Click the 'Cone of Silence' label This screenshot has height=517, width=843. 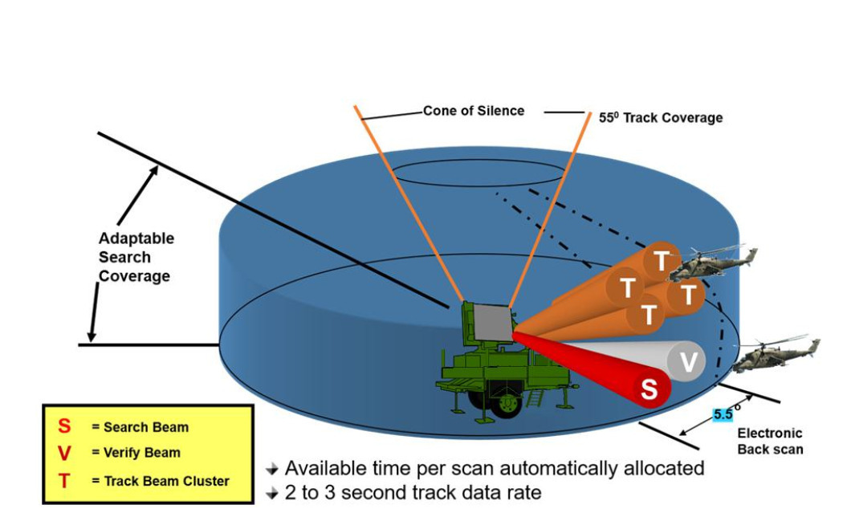(474, 111)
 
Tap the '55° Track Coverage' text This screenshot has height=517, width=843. (661, 118)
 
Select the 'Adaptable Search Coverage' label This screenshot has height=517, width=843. (135, 258)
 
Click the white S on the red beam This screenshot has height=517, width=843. (650, 389)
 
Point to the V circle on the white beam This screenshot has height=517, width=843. (688, 362)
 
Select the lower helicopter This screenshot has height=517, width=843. (776, 353)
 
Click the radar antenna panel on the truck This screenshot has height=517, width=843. (491, 322)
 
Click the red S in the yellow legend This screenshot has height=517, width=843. (64, 426)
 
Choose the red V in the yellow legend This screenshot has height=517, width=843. (64, 454)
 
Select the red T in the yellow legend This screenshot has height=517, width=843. (64, 481)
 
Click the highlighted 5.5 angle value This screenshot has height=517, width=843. (723, 415)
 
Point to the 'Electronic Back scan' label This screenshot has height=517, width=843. (770, 441)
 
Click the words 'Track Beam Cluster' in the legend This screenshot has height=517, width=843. (167, 481)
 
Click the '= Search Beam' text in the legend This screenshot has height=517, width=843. (140, 427)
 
